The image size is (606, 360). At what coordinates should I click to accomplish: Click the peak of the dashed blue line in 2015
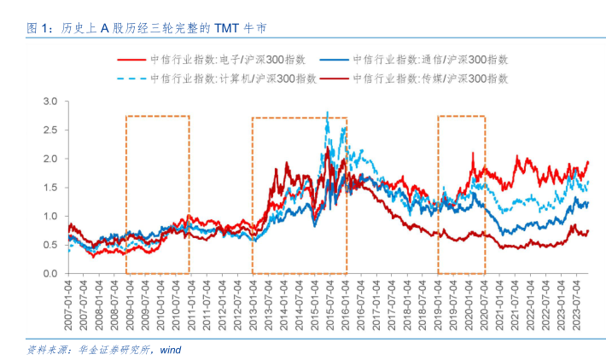328,112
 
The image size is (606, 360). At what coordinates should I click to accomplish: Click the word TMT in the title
228,28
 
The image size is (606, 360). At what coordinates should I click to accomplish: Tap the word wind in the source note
171,349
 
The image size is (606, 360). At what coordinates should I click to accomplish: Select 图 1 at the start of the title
38,28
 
